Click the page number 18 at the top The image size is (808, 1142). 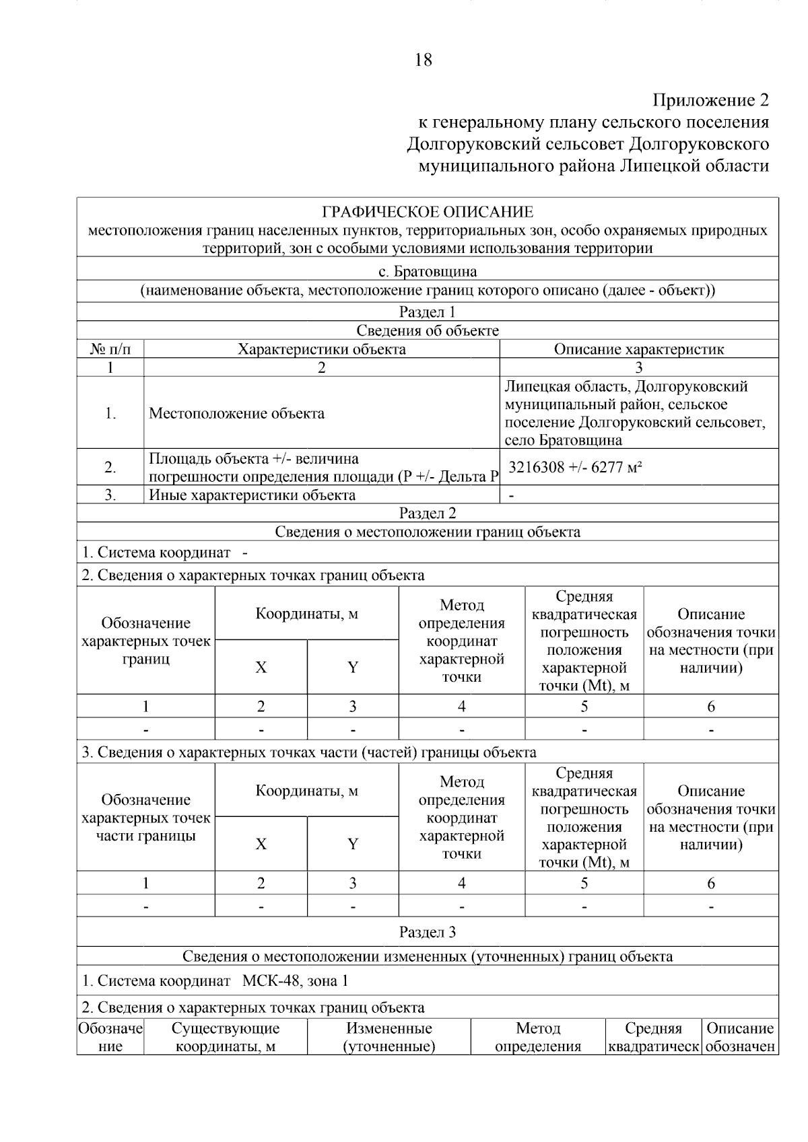tap(424, 60)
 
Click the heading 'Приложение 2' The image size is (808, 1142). tap(710, 100)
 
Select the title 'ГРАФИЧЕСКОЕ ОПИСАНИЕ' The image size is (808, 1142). tap(428, 212)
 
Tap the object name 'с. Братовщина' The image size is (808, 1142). tap(428, 272)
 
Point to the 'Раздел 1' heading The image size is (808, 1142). tap(428, 312)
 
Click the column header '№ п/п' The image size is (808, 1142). tap(110, 349)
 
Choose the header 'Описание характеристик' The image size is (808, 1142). tap(638, 349)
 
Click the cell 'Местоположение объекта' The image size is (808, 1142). tap(236, 413)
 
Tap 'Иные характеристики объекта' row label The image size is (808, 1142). tap(252, 495)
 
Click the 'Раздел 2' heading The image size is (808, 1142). tap(428, 513)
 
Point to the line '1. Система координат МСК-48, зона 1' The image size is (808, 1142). tap(215, 980)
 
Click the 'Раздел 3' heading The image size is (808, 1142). tap(428, 932)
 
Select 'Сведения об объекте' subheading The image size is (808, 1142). tap(428, 330)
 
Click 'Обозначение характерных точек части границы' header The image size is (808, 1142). tap(146, 818)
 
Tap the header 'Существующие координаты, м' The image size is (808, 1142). tap(226, 1037)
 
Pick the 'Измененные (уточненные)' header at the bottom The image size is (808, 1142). tap(389, 1037)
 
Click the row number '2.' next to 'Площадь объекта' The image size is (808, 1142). tap(110, 467)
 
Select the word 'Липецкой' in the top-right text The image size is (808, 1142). tap(649, 166)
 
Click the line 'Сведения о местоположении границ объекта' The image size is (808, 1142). tap(428, 532)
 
